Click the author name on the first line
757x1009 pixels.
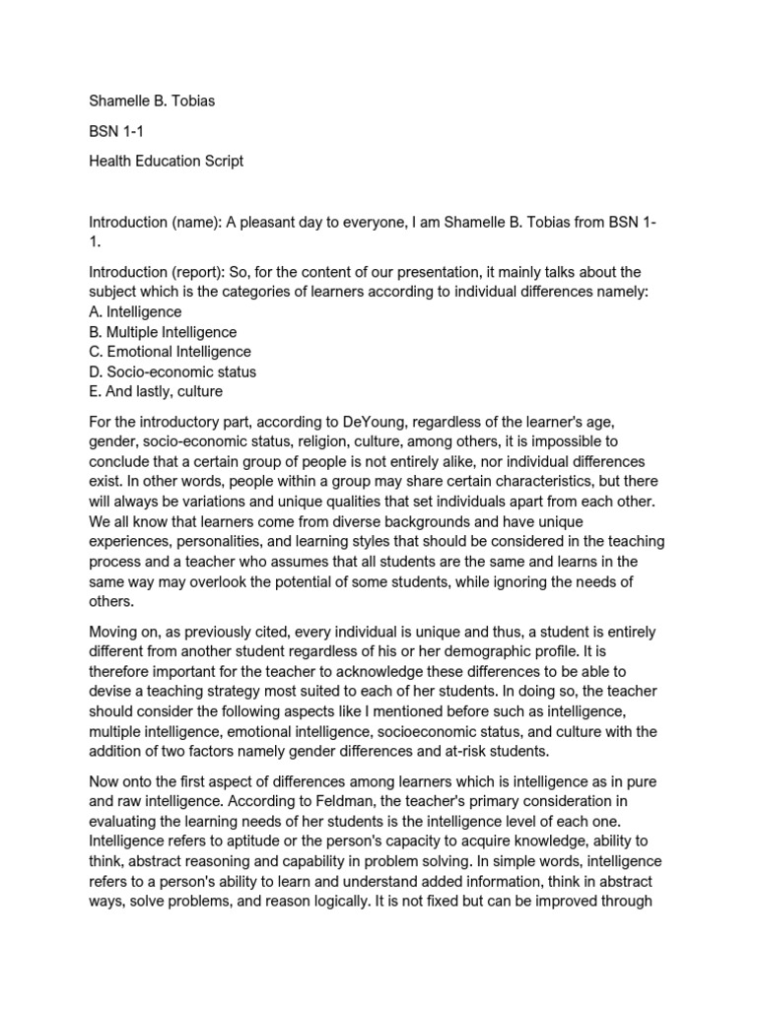(x=152, y=101)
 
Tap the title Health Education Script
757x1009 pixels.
(x=166, y=161)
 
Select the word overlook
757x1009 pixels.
(x=225, y=581)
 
